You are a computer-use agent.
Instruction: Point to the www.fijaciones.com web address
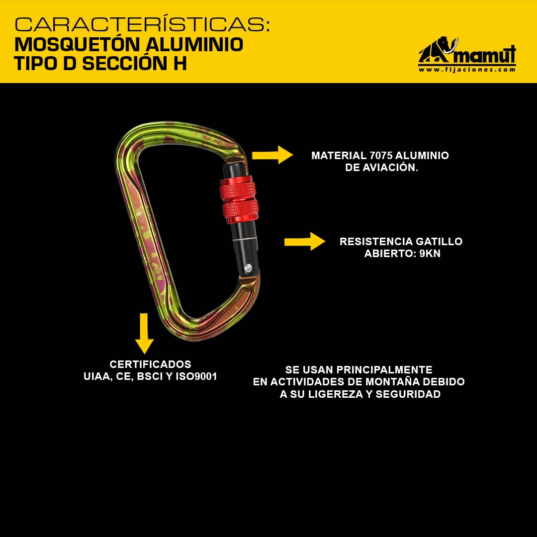tap(467, 70)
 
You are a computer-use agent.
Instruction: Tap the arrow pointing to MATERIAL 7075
tap(272, 155)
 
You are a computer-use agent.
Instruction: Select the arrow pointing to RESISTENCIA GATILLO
tap(305, 242)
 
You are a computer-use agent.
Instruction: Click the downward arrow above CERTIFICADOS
tap(144, 333)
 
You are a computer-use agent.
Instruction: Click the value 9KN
tap(430, 254)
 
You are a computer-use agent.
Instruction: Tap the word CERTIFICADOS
tap(150, 364)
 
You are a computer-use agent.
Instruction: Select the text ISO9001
tap(196, 376)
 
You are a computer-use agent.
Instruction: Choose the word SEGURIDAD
tap(408, 394)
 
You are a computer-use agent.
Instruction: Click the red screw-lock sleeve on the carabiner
tap(239, 200)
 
